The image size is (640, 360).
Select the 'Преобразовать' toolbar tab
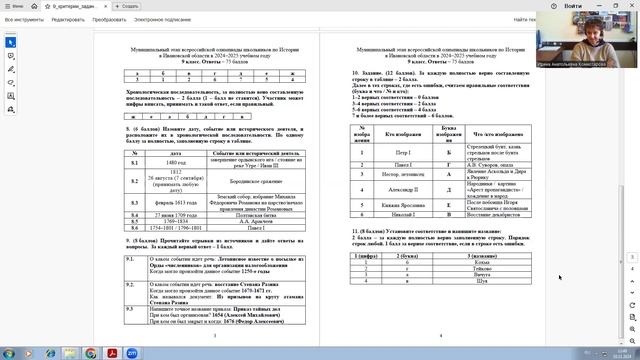tap(111, 19)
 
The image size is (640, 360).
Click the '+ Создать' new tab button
tap(126, 6)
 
